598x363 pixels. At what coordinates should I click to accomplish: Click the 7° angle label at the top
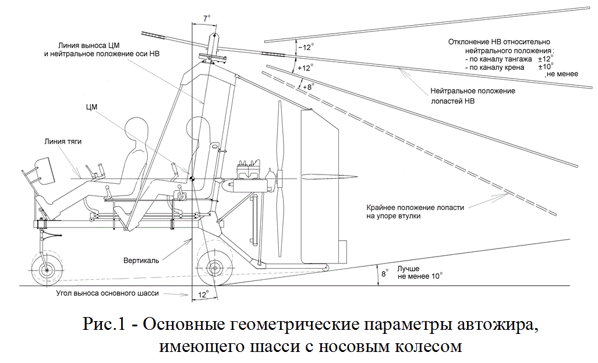207,18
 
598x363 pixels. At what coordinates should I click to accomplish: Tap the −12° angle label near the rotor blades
305,47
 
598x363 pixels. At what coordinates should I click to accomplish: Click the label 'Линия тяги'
61,141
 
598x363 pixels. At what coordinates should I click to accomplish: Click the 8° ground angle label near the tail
383,272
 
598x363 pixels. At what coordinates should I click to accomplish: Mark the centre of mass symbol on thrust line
191,178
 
